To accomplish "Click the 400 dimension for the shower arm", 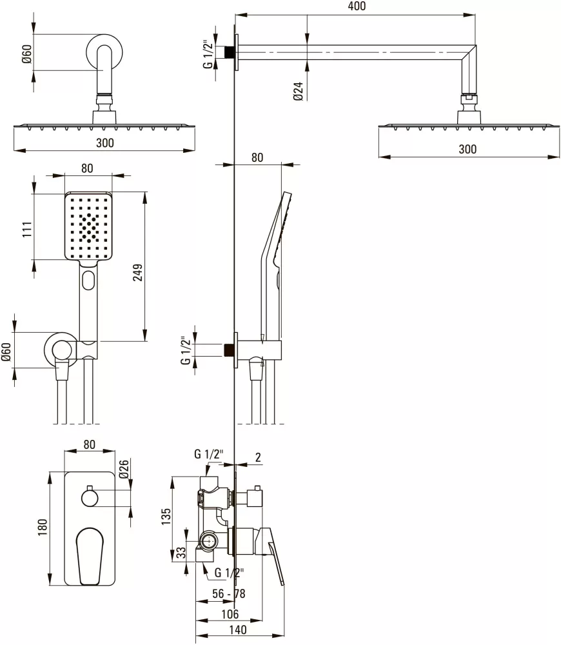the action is pyautogui.click(x=357, y=6).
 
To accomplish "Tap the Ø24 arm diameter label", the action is pyautogui.click(x=298, y=91).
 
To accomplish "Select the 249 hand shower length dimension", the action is pyautogui.click(x=138, y=272).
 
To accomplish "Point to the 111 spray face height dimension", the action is pyautogui.click(x=27, y=229).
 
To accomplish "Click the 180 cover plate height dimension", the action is pyautogui.click(x=43, y=528).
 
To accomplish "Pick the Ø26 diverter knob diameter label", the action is pyautogui.click(x=124, y=469).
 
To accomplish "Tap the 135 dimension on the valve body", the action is pyautogui.click(x=166, y=517).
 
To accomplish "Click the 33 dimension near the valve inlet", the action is pyautogui.click(x=181, y=553).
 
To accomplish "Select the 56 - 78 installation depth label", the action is pyautogui.click(x=229, y=593).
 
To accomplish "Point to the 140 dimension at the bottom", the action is pyautogui.click(x=238, y=630).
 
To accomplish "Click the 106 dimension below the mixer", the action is pyautogui.click(x=230, y=614).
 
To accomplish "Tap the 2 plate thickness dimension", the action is pyautogui.click(x=258, y=457).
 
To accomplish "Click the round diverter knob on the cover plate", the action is pyautogui.click(x=90, y=498).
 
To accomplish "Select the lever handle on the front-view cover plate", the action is pyautogui.click(x=90, y=556).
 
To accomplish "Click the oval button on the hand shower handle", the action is pyautogui.click(x=88, y=280).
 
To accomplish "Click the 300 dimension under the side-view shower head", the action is pyautogui.click(x=467, y=149).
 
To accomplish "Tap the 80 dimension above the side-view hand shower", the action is pyautogui.click(x=257, y=157).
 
